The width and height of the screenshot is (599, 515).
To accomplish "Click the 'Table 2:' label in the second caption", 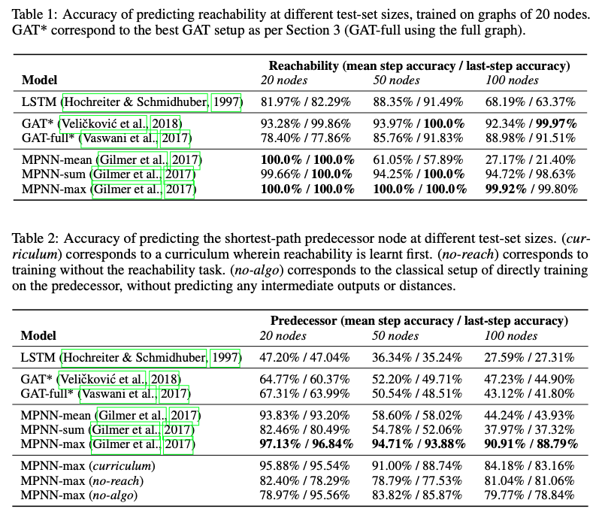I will tap(28, 239).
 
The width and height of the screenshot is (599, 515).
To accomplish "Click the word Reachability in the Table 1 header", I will tap(304, 65).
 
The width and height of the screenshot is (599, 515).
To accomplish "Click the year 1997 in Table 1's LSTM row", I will tap(225, 101).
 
